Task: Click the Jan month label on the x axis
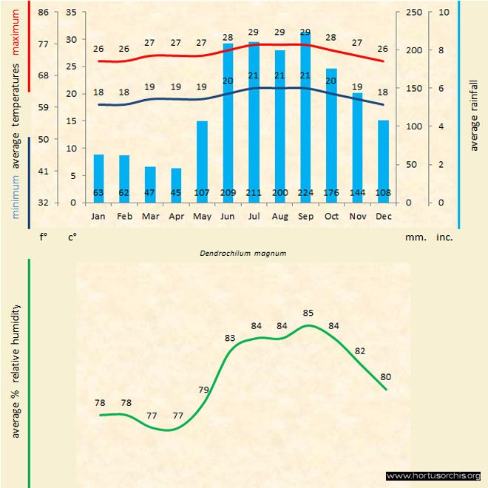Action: (98, 217)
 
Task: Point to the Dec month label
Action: (383, 217)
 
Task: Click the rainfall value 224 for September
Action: (305, 194)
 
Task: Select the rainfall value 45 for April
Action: (176, 194)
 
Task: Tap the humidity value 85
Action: (308, 313)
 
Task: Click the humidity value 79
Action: (204, 390)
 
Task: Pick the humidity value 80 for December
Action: (385, 376)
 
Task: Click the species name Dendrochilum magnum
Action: (243, 253)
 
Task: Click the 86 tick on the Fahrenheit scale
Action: (44, 13)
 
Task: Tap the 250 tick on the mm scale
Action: (414, 13)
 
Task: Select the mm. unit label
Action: (413, 238)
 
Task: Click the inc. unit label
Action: (444, 238)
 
